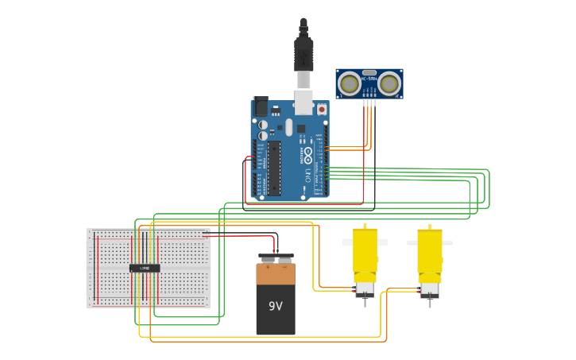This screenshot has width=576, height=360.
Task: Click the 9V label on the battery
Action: click(x=276, y=306)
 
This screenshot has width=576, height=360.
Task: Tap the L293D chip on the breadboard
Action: click(x=145, y=268)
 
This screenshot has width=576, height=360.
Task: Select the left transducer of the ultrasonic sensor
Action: click(x=349, y=83)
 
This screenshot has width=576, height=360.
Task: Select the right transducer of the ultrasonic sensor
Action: click(x=389, y=83)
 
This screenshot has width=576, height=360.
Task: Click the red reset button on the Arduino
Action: click(x=321, y=110)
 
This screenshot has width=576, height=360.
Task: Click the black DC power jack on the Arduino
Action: click(x=261, y=106)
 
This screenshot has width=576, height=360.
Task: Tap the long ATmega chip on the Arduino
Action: click(x=274, y=168)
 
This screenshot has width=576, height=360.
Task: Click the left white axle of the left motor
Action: click(x=347, y=242)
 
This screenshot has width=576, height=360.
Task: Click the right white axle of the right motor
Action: click(x=447, y=242)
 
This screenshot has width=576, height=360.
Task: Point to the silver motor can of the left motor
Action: click(x=365, y=287)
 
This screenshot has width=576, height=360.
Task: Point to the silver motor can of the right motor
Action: click(x=430, y=287)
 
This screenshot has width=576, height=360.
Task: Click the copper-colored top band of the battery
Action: click(x=276, y=274)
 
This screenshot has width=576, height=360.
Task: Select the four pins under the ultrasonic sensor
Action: click(x=369, y=103)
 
